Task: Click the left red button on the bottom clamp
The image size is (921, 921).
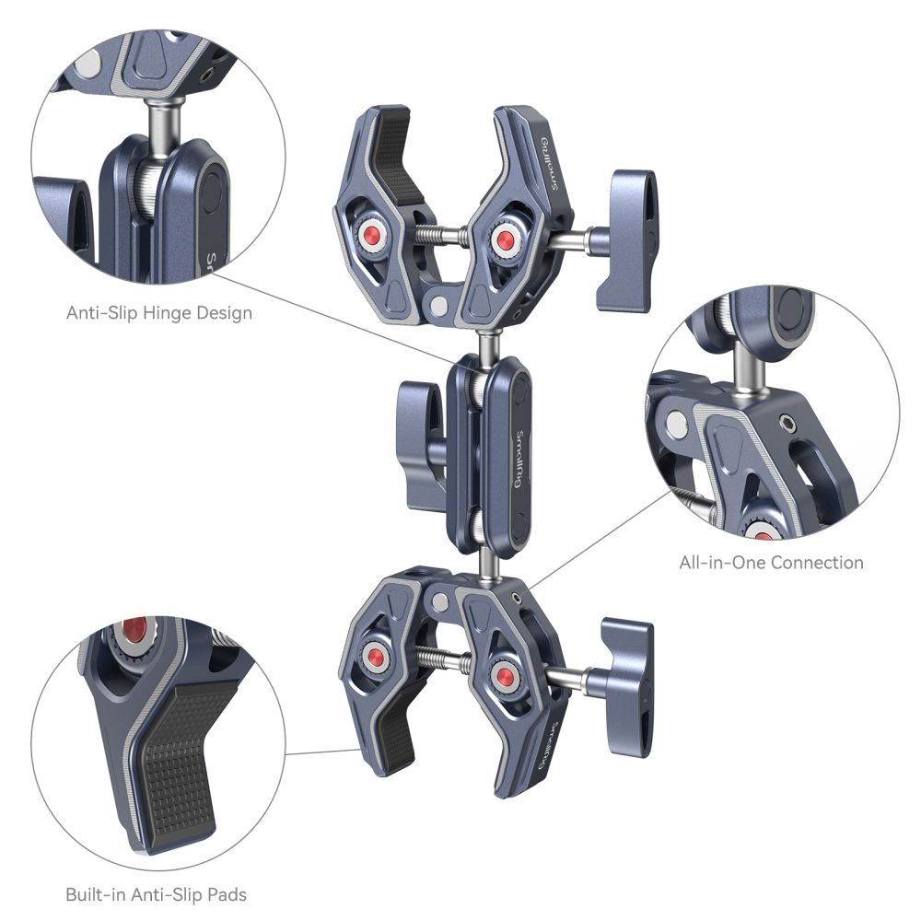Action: [372, 653]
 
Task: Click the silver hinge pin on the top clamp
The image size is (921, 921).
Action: [437, 306]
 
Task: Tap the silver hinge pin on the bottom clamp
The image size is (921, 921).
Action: [439, 600]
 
